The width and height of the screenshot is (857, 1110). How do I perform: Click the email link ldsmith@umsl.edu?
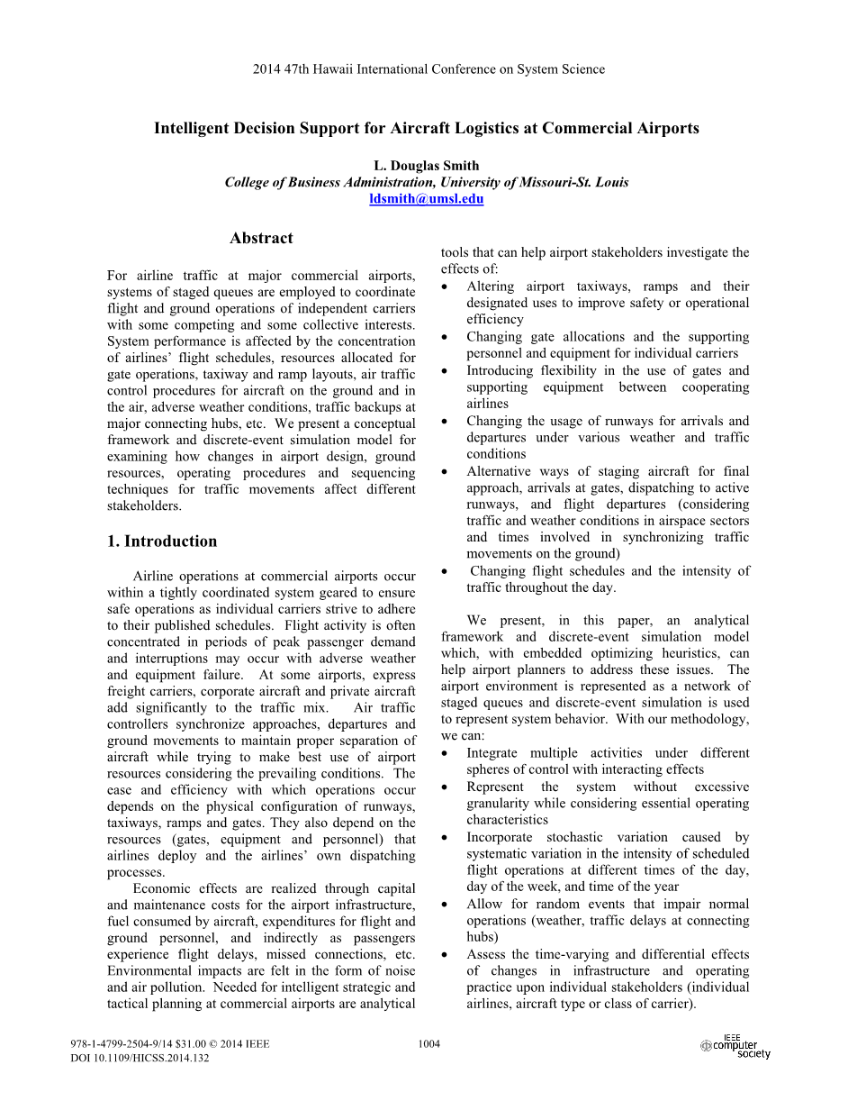click(x=426, y=199)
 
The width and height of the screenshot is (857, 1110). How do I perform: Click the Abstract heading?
click(x=261, y=238)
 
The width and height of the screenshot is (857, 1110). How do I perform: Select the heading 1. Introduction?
click(x=161, y=541)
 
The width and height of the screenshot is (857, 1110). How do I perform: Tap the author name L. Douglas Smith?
click(x=426, y=166)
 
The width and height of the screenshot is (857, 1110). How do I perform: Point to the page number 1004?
click(x=429, y=1044)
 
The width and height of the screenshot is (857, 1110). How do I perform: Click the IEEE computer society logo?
click(x=735, y=1047)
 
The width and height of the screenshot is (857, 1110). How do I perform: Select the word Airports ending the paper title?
click(x=667, y=128)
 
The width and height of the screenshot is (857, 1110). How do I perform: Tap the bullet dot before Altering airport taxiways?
click(x=447, y=287)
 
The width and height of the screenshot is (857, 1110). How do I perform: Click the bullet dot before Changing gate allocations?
click(x=447, y=338)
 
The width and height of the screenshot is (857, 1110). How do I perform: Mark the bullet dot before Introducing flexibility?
click(x=447, y=371)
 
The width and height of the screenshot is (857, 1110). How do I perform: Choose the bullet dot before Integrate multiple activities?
click(x=447, y=754)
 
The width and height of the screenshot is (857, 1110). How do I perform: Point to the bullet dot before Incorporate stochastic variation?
click(x=447, y=838)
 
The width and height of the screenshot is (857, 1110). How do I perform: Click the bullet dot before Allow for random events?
click(x=447, y=905)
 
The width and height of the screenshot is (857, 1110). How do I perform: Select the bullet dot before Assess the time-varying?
click(x=447, y=955)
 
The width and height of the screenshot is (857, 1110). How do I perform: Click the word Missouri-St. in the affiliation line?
click(x=549, y=182)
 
